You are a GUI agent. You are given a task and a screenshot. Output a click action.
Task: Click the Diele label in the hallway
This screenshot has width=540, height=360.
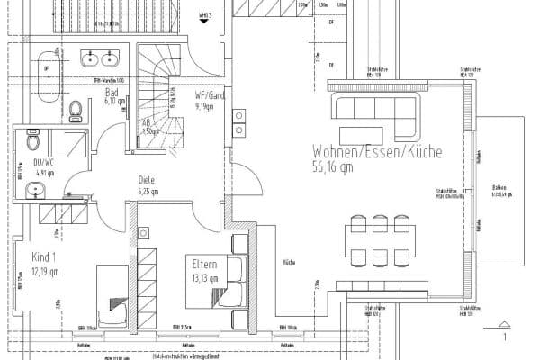pyautogui.click(x=148, y=179)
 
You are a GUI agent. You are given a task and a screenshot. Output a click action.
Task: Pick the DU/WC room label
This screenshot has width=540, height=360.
pyautogui.click(x=42, y=164)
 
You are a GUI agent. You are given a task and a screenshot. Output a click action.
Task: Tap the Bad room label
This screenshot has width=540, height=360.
pyautogui.click(x=112, y=92)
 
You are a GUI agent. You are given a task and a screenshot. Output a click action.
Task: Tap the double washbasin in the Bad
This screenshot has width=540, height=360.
pyautogui.click(x=99, y=58)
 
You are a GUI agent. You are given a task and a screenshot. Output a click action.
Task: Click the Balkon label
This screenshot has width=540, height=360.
pyautogui.click(x=499, y=190)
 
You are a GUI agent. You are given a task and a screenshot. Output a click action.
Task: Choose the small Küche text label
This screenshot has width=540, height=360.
pyautogui.click(x=290, y=263)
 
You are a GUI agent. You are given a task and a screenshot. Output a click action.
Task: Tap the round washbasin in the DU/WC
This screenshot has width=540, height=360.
pyautogui.click(x=33, y=190)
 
